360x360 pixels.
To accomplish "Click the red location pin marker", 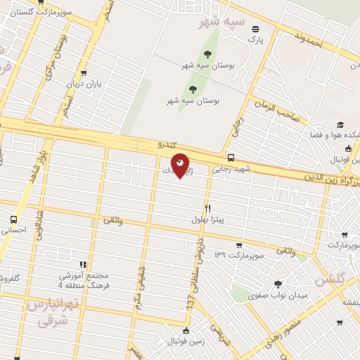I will [180, 165].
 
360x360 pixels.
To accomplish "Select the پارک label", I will [255, 39].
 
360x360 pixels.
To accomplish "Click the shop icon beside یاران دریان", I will [84, 73].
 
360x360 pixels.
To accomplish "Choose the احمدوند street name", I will [309, 40].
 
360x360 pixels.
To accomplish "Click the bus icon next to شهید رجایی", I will [231, 158].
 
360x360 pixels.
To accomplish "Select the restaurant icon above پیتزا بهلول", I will [207, 208].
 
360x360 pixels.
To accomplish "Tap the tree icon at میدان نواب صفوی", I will [278, 285].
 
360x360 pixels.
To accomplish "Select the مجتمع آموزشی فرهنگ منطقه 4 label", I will [83, 281].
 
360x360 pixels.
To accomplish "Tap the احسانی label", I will [14, 230].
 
